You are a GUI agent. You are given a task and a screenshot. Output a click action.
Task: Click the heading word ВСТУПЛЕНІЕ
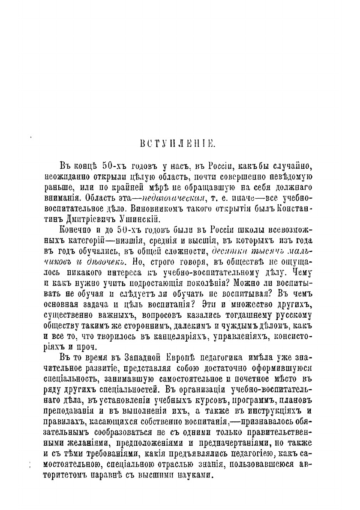(x=180, y=144)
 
